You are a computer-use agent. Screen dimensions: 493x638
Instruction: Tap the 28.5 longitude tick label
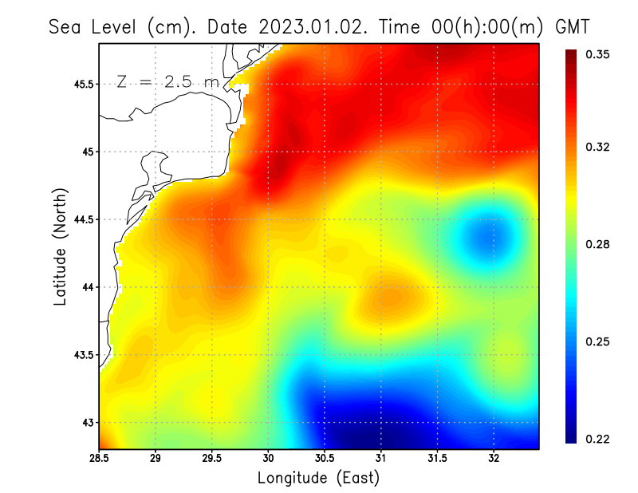pyautogui.click(x=100, y=459)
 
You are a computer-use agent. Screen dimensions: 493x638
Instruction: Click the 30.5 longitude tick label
pyautogui.click(x=324, y=459)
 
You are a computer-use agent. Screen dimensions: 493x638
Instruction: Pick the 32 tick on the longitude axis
pyautogui.click(x=494, y=459)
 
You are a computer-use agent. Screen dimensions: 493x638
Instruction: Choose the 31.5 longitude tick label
pyautogui.click(x=437, y=459)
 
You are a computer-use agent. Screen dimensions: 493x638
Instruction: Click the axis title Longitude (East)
pyautogui.click(x=318, y=478)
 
